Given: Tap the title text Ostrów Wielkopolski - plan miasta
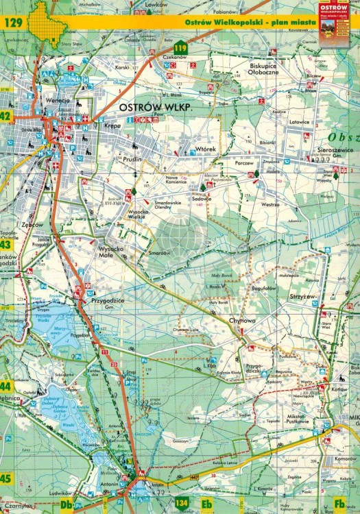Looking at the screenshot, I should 250,23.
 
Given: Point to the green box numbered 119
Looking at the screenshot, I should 180,47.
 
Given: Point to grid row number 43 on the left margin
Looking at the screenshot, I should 5,244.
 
